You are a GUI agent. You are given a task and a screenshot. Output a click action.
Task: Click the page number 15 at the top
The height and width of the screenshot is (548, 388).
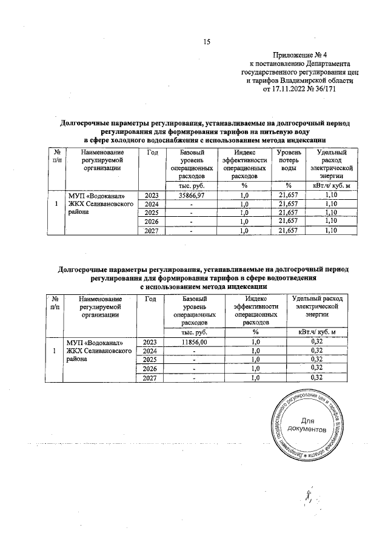[206, 42]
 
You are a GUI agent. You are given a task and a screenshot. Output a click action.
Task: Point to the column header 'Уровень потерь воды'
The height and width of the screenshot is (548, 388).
[289, 162]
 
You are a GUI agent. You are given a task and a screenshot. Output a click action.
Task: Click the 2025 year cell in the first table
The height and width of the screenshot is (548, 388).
[151, 213]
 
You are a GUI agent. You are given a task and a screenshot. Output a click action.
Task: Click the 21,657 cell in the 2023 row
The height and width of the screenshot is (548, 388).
[289, 195]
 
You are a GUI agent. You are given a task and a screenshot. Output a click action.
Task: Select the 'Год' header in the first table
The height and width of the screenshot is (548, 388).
[151, 153]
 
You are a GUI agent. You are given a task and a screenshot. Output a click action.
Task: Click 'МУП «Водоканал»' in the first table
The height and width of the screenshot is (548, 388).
[97, 196]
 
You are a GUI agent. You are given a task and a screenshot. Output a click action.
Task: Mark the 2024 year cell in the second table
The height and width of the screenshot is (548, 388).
[151, 351]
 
